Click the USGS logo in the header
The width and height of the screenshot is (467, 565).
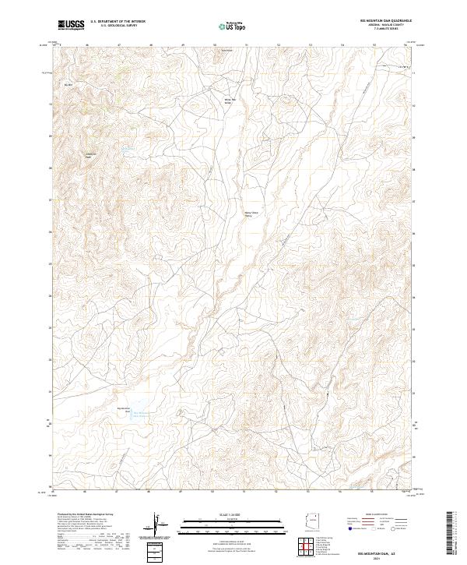pyautogui.click(x=72, y=25)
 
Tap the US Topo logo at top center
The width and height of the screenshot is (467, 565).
pyautogui.click(x=229, y=26)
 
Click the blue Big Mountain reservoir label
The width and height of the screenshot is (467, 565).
pyautogui.click(x=142, y=415)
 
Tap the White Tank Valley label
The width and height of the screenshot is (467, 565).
pyautogui.click(x=229, y=101)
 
